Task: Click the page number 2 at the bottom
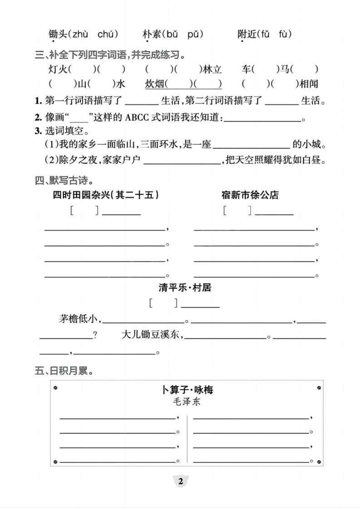pyautogui.click(x=180, y=481)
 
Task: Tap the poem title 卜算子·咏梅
pyautogui.click(x=187, y=390)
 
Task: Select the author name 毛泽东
pyautogui.click(x=187, y=402)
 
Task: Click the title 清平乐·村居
pyautogui.click(x=185, y=288)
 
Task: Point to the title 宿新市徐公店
pyautogui.click(x=250, y=195)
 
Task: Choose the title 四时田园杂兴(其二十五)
pyautogui.click(x=105, y=195)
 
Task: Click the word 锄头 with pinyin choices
pyautogui.click(x=58, y=34)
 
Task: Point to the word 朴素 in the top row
pyautogui.click(x=152, y=34)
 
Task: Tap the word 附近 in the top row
pyautogui.click(x=247, y=34)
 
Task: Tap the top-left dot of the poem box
pyautogui.click(x=55, y=388)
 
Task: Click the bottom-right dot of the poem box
pyautogui.click(x=319, y=462)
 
